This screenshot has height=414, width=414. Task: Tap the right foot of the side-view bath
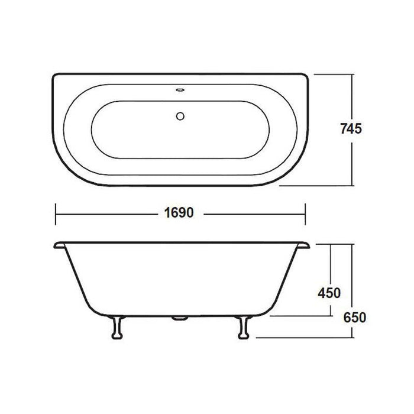click(241, 327)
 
